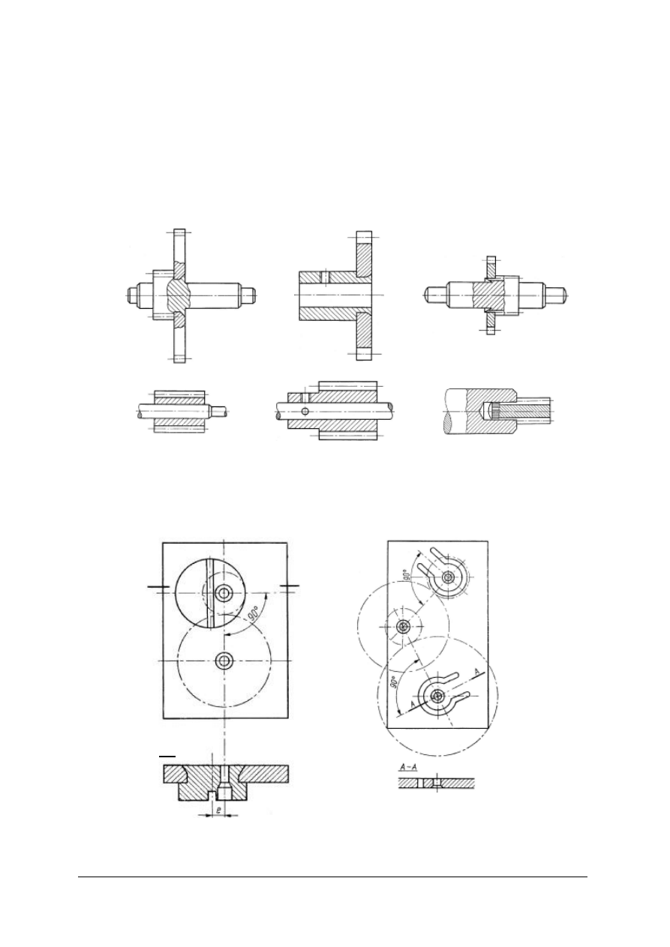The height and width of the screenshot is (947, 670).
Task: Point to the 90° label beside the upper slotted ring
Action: click(x=407, y=574)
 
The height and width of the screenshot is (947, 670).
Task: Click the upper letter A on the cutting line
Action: click(x=476, y=671)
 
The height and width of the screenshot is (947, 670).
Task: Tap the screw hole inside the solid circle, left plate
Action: click(x=223, y=593)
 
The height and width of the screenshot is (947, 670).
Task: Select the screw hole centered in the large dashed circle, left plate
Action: click(x=224, y=660)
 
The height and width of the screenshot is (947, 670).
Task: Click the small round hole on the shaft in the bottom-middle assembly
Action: click(x=305, y=411)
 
